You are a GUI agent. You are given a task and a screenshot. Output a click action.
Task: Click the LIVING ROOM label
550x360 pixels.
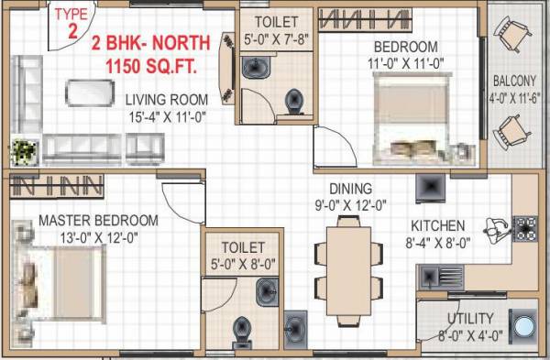[x=167, y=99]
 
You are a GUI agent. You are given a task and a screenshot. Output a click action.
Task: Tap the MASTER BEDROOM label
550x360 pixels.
[x=98, y=221]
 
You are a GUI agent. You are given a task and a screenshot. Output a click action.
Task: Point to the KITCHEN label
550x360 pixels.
[x=438, y=225]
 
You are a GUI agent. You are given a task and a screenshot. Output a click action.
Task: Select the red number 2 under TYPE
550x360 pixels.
[x=71, y=28]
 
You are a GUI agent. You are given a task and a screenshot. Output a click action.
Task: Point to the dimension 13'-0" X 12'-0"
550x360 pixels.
[x=99, y=237]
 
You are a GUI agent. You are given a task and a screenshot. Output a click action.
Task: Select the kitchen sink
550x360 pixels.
[x=439, y=274]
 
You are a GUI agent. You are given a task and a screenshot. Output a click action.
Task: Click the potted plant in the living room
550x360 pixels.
[x=26, y=149]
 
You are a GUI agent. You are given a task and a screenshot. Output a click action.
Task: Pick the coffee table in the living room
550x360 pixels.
[x=89, y=93]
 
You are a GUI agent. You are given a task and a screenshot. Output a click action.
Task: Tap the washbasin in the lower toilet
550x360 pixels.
[x=265, y=293]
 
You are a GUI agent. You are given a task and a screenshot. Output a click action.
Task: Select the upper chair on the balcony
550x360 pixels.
[x=516, y=37]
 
